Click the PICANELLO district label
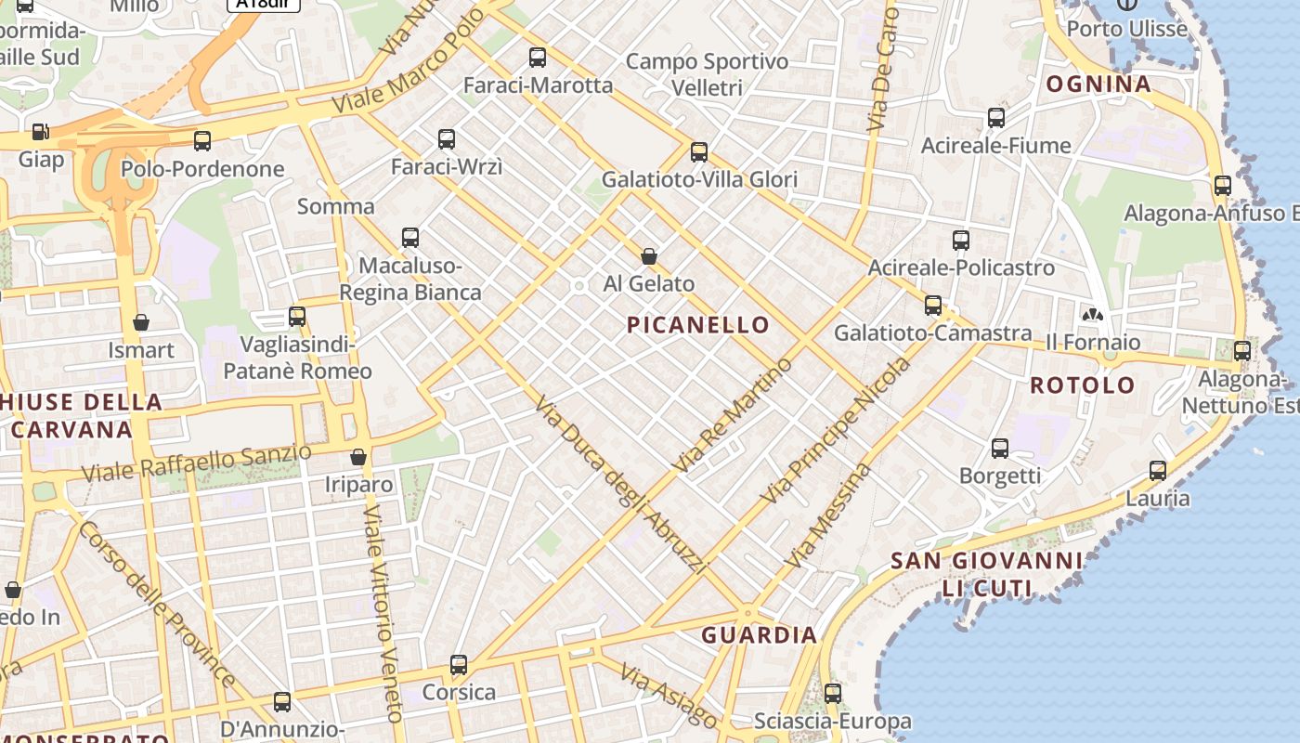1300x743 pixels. (x=697, y=324)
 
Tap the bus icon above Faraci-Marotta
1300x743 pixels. (x=538, y=58)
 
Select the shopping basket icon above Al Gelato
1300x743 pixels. (x=649, y=255)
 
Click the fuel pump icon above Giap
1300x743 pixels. (x=40, y=132)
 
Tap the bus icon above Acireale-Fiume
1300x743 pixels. (x=996, y=118)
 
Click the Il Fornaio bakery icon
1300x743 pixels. (x=1092, y=315)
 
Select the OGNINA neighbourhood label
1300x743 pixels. (x=1098, y=84)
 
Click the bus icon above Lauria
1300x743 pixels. (x=1158, y=471)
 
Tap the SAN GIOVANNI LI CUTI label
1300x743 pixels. (x=986, y=574)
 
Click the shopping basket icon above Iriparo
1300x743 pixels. (x=358, y=457)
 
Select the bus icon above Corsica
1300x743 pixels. (x=459, y=665)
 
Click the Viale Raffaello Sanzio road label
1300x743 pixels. (x=196, y=463)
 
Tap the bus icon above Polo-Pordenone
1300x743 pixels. (x=202, y=141)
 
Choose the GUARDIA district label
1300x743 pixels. (x=759, y=635)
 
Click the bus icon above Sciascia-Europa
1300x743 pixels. (x=833, y=694)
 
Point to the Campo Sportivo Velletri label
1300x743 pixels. (x=707, y=74)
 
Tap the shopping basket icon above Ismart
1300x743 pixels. (x=141, y=322)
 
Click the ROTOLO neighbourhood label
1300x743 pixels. (x=1083, y=385)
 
